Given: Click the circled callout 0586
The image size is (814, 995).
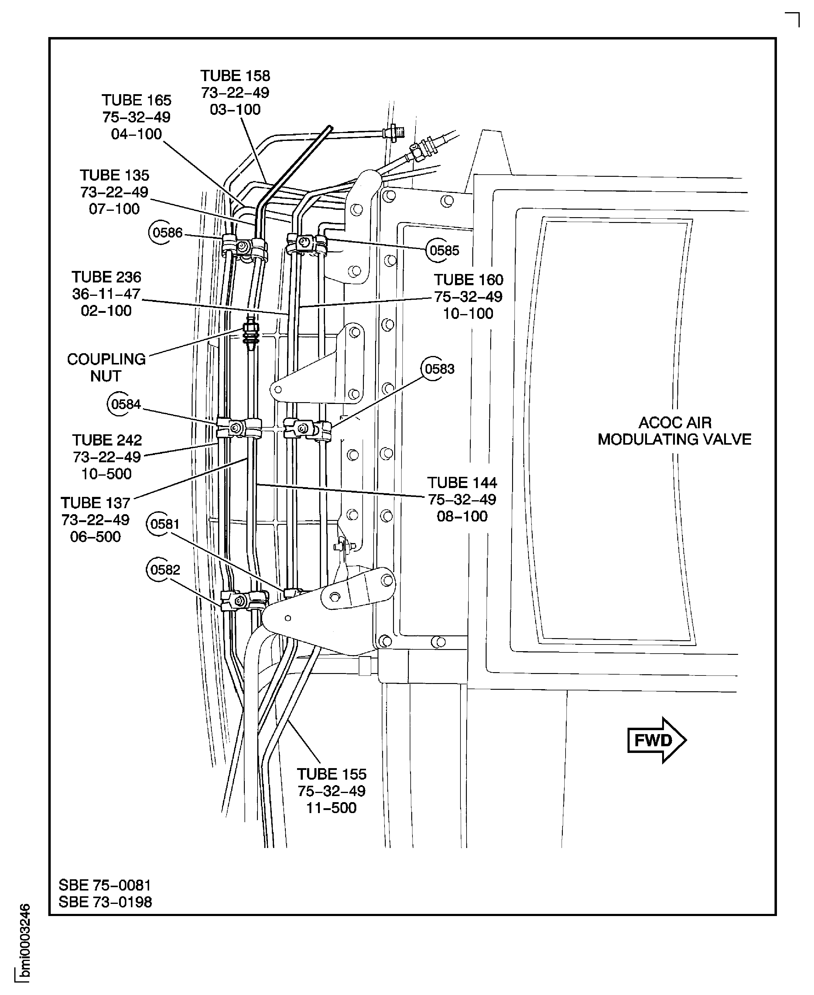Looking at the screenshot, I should tap(162, 233).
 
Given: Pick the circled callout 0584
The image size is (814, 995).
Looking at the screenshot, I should tap(121, 404).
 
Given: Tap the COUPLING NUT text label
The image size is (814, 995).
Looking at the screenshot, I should tap(106, 368).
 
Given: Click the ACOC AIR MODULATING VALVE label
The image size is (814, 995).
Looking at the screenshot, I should tap(674, 431).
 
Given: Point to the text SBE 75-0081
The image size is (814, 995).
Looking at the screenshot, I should tap(104, 885).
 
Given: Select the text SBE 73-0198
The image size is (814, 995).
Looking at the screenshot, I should tap(105, 902).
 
